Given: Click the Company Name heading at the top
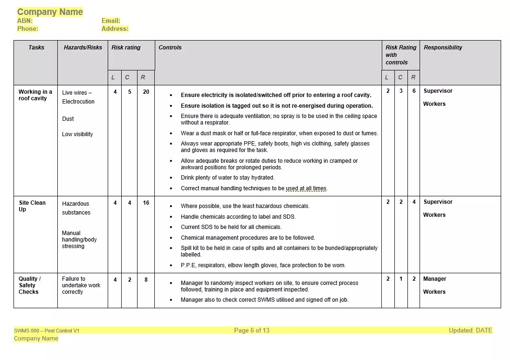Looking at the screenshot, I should [50, 12].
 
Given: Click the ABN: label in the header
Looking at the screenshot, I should [25, 21].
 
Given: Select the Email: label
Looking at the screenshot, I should [111, 21].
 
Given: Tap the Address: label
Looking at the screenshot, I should [115, 28].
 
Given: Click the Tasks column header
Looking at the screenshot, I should [36, 48].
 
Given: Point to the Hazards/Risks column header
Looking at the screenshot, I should [83, 48].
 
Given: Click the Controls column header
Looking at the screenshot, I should [170, 48].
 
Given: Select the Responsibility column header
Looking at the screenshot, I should [443, 48].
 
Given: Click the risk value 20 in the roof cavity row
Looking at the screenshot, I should [146, 92].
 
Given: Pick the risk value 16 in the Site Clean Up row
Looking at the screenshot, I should [146, 203].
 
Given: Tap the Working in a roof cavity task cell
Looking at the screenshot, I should [35, 95].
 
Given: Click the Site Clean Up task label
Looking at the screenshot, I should [32, 206].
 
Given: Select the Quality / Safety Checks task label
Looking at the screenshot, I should [29, 285].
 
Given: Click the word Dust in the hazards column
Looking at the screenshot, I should [68, 119].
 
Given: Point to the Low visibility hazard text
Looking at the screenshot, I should [77, 134].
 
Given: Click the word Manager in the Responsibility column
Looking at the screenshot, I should [434, 279].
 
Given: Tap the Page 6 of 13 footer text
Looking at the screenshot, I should [252, 331].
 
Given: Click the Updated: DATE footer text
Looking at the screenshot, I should [470, 331].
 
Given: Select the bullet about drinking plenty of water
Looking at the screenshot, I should [227, 178].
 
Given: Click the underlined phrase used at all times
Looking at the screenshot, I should [306, 188].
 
